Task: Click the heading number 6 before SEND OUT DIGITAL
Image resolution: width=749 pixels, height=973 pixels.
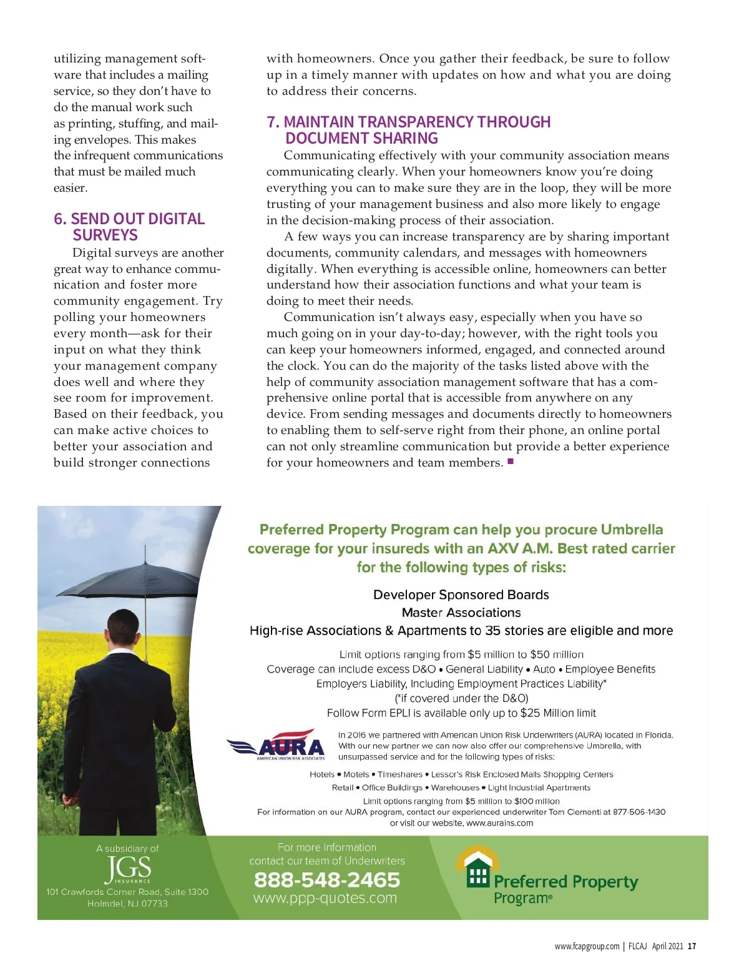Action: click(x=59, y=219)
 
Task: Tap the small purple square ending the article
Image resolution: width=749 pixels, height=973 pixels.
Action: click(x=511, y=462)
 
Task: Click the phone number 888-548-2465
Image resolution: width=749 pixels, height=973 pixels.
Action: click(x=327, y=879)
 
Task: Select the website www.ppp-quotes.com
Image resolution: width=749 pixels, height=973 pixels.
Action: click(x=325, y=898)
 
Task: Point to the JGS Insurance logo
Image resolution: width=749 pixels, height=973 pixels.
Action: click(x=128, y=869)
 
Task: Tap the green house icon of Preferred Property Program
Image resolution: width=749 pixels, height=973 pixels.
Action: click(x=477, y=867)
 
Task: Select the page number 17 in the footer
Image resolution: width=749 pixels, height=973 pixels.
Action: click(x=692, y=946)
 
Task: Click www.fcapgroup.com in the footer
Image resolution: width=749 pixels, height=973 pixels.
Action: click(x=587, y=946)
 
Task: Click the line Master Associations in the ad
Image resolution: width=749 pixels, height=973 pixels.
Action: click(x=461, y=613)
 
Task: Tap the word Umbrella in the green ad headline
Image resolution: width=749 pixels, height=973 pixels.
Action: click(x=632, y=530)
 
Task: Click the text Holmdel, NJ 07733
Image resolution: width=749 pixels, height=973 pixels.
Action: click(x=127, y=904)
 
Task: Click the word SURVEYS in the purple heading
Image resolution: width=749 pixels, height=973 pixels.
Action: click(x=105, y=235)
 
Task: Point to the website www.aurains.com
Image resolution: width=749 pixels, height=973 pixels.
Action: click(x=500, y=823)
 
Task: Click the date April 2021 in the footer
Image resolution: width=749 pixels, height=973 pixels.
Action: click(x=667, y=946)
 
